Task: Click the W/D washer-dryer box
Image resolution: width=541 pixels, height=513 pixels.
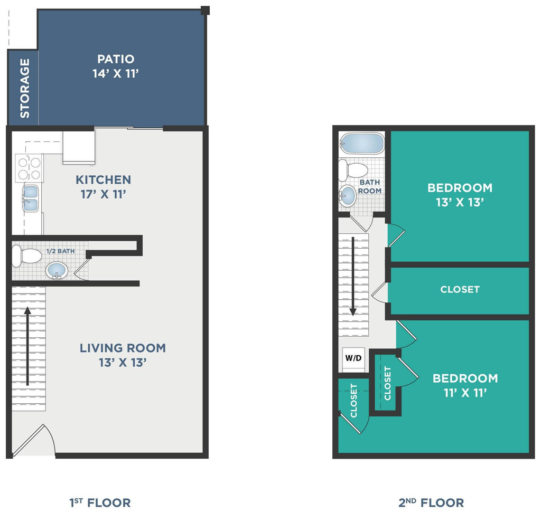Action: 353,358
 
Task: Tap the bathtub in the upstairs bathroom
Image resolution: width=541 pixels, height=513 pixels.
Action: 361,143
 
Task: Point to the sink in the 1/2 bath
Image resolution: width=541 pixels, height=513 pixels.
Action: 57,271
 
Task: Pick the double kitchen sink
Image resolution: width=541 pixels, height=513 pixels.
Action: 30,197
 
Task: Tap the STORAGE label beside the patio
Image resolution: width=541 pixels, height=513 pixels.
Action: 24,88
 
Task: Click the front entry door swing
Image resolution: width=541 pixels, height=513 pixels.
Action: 34,441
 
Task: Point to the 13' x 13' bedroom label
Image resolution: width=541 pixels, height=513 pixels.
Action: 460,195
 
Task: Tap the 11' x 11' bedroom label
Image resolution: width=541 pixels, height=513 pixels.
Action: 465,385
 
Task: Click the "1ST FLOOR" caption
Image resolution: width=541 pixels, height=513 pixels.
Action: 100,502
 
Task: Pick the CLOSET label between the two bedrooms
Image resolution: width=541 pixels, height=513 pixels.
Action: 460,289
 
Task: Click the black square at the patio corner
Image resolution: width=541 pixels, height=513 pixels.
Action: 206,9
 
